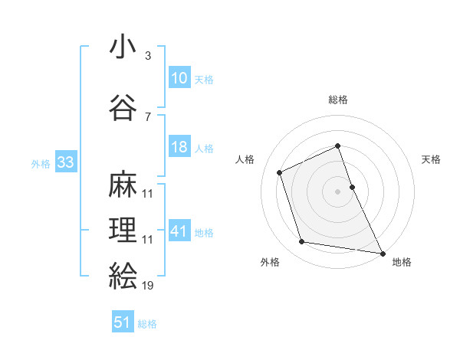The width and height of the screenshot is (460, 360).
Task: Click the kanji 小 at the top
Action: coord(123,47)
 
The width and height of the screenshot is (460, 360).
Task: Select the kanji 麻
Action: coord(123,185)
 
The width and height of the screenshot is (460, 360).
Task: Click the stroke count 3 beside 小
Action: coord(147,57)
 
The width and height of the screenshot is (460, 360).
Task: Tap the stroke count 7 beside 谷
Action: coord(147,116)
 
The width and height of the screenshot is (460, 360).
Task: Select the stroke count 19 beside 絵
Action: coord(148,286)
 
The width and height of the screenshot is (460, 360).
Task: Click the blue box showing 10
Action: coord(179,77)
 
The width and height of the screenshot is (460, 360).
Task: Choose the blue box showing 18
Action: coord(179,147)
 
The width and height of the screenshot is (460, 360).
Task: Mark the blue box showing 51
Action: coord(123,322)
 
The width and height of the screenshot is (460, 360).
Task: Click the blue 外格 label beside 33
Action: coord(41,163)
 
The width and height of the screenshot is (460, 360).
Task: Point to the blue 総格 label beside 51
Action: coord(147,324)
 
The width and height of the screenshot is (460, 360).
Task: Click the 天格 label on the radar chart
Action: coord(432,159)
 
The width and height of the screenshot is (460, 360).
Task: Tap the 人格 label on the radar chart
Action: coord(245,159)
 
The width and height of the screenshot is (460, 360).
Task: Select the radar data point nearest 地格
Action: coord(383,253)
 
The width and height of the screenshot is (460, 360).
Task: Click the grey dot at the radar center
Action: coord(337,191)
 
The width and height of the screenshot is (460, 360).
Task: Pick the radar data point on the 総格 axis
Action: coord(337,146)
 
